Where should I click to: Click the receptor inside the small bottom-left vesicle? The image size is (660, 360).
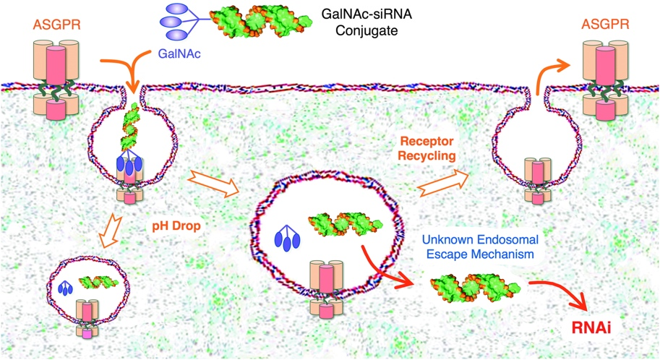coord(85,314)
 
